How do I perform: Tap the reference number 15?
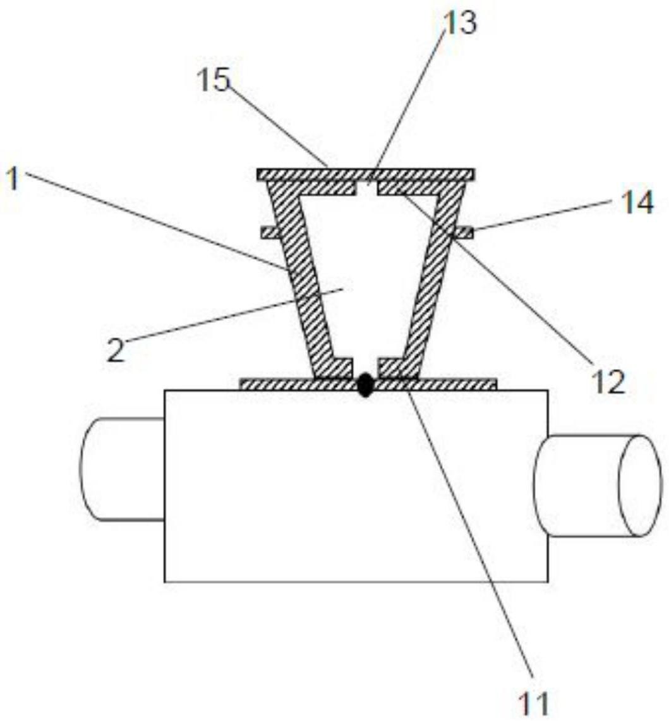[214, 80]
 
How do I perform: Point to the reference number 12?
[609, 382]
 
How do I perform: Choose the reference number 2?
[116, 350]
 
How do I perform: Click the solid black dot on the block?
[365, 385]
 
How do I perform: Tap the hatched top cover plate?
[366, 175]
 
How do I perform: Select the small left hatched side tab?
[271, 232]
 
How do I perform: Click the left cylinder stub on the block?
[123, 469]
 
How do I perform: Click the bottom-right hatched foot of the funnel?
[398, 368]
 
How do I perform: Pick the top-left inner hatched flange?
[313, 188]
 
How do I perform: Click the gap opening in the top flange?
[366, 188]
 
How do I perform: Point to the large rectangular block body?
[356, 486]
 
